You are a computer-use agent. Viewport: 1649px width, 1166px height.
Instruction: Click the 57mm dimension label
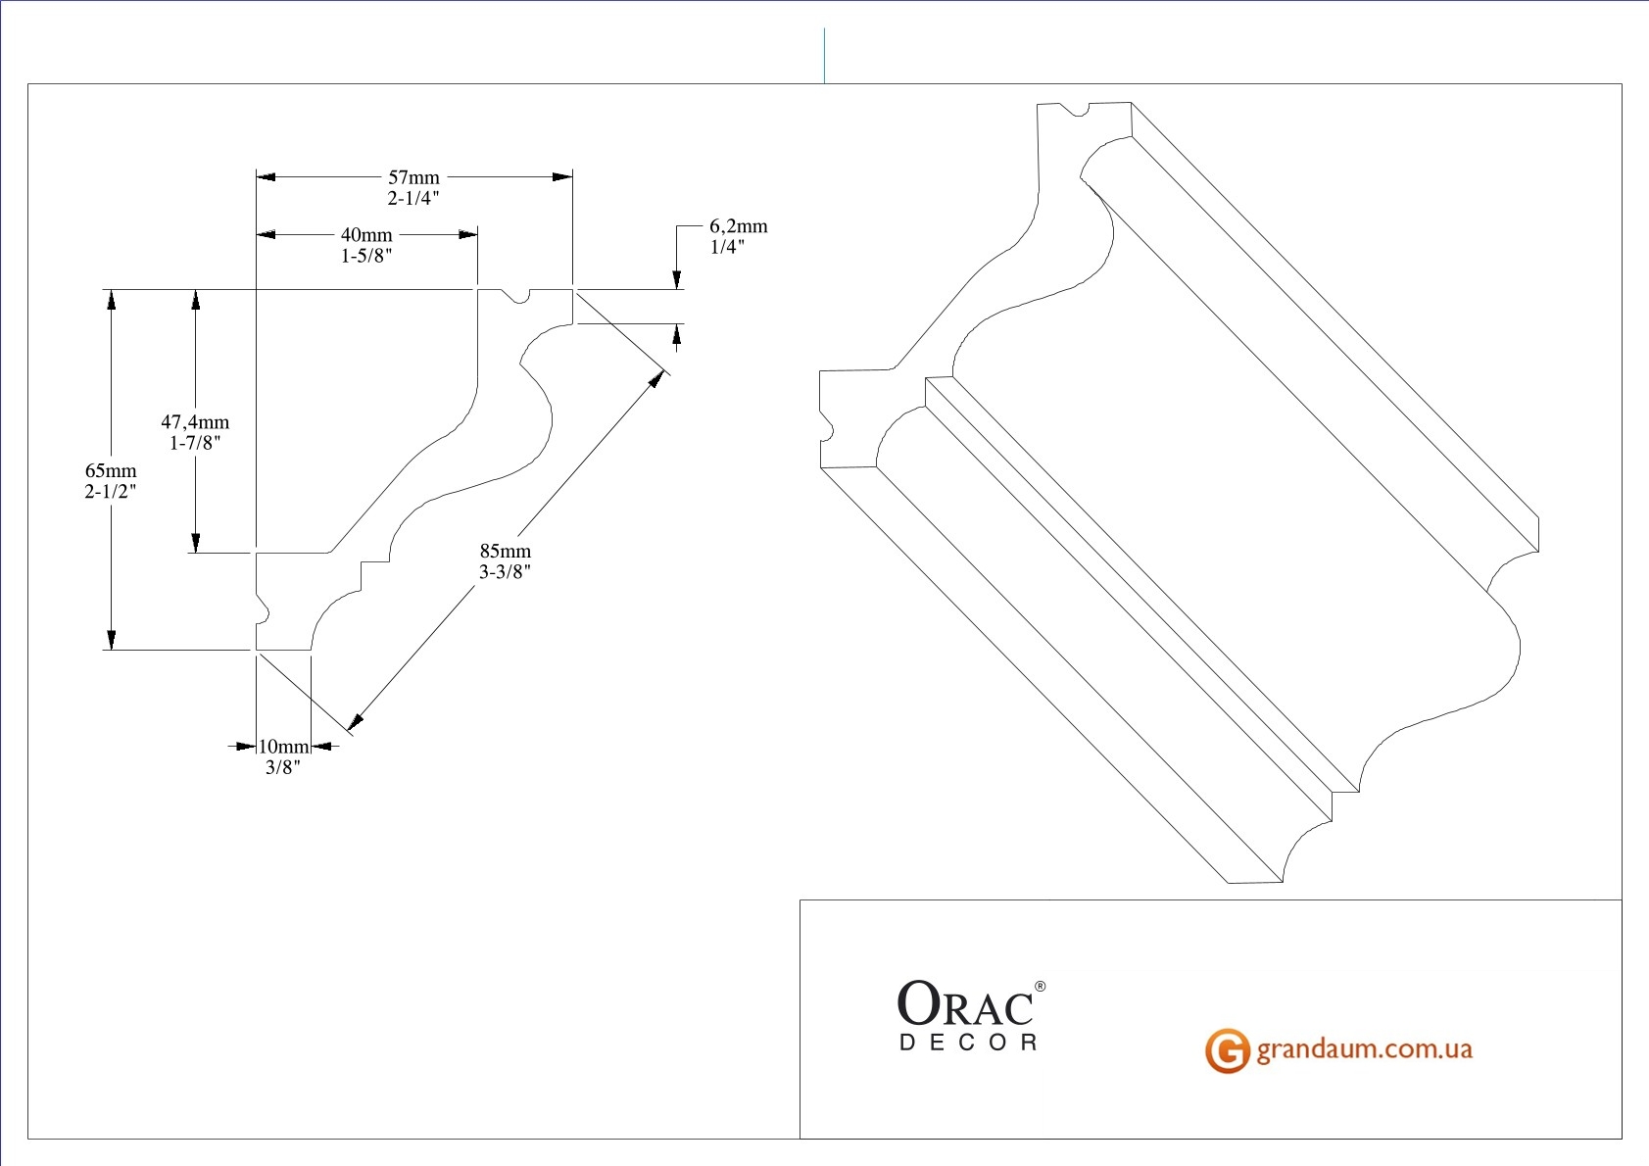pos(413,177)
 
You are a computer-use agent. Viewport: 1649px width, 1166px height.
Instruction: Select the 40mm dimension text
pos(366,235)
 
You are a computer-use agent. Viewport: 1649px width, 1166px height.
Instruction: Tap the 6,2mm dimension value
pos(739,226)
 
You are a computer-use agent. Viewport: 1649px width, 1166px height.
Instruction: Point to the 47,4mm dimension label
pos(195,421)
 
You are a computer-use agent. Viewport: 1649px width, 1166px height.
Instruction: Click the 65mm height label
pos(111,470)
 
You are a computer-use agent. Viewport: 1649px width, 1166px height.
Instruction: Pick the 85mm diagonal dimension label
pos(505,551)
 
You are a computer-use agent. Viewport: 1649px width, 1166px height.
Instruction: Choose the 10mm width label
pos(283,747)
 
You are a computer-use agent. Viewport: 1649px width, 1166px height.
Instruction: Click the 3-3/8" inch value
pos(505,572)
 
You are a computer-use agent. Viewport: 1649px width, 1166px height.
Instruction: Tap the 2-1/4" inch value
pos(413,198)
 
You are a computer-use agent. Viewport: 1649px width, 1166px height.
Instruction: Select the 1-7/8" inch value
pos(195,443)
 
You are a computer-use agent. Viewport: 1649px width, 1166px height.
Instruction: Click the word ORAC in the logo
pos(965,1003)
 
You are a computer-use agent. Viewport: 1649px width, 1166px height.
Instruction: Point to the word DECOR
pos(969,1044)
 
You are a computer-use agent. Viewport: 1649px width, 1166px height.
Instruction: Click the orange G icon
pos(1227,1050)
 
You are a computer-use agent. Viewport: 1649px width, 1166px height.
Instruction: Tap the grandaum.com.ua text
pos(1364,1049)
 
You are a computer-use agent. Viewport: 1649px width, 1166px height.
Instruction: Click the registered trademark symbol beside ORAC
pos(1041,987)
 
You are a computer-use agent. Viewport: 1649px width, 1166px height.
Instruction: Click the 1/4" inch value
pos(727,247)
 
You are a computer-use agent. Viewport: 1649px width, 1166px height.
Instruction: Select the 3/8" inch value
pos(283,767)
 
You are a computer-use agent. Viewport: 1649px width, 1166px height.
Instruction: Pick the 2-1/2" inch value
pos(111,491)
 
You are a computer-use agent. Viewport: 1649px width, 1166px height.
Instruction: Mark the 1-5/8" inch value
pos(366,256)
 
